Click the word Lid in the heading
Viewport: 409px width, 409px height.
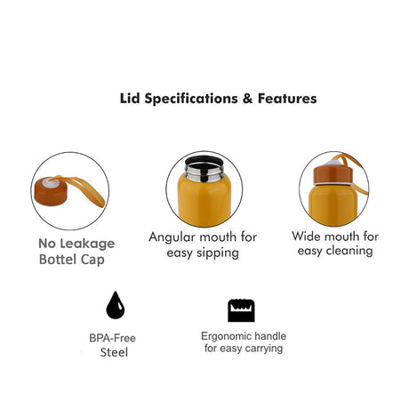tap(130, 99)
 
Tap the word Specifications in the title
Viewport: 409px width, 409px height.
tap(191, 99)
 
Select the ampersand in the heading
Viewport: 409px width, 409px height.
tap(247, 99)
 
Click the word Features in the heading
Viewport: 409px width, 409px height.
tap(287, 99)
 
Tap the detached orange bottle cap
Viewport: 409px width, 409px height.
tap(51, 191)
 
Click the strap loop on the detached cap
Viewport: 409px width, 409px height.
tap(83, 189)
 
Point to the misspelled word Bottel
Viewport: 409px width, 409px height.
tap(58, 260)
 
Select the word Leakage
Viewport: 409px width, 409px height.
tap(89, 244)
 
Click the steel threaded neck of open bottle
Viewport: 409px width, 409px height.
tap(204, 173)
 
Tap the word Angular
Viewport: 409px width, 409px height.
tap(172, 237)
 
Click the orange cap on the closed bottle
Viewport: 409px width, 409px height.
tap(333, 174)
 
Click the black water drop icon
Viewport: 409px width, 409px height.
tap(116, 305)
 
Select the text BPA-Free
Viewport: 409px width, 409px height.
tap(112, 338)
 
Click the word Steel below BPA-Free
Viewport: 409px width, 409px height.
tap(114, 353)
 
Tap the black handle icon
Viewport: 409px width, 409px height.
tap(241, 310)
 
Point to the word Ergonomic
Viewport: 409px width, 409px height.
tap(227, 337)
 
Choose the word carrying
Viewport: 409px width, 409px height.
tap(264, 349)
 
